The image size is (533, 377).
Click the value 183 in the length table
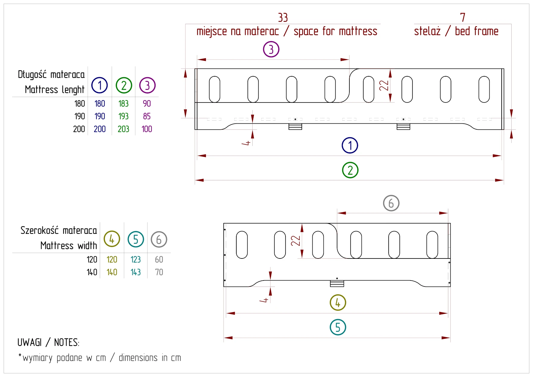tap(123, 104)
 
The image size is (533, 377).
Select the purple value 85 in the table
tap(147, 116)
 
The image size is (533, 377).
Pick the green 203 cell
tap(123, 129)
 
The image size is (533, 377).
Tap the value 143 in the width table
tap(136, 272)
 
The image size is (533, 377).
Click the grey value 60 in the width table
tap(159, 260)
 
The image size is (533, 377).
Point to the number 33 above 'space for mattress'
tap(283, 18)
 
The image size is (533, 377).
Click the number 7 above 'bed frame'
tap(463, 17)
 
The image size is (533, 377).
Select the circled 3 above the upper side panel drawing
tap(271, 49)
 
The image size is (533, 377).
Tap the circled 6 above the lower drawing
tap(391, 203)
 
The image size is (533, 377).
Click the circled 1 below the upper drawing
tap(350, 145)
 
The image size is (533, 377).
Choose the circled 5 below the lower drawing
tap(338, 327)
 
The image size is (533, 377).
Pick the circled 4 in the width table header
tap(112, 239)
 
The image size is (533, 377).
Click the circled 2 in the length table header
tap(124, 86)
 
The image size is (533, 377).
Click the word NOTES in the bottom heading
tap(67, 343)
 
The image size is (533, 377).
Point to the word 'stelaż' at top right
tap(427, 31)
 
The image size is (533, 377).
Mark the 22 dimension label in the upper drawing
tap(384, 85)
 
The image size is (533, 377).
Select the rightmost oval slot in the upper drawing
tap(484, 89)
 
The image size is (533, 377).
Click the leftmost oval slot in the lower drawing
tap(242, 245)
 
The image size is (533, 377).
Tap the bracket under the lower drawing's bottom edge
tap(337, 284)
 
